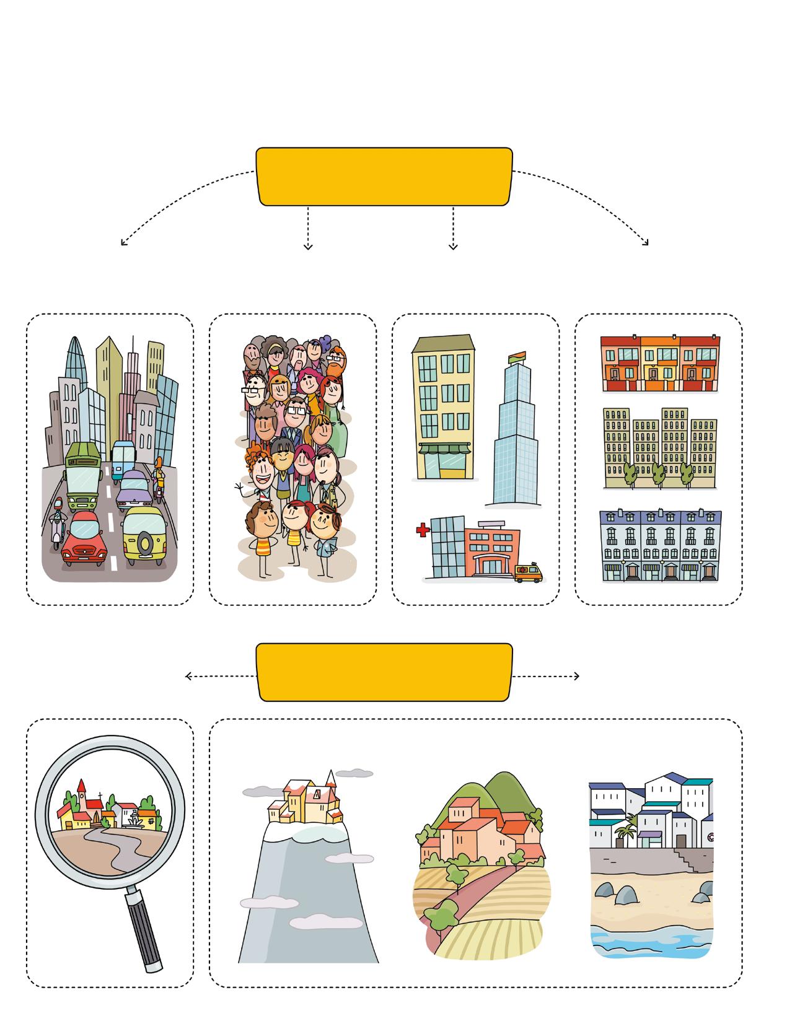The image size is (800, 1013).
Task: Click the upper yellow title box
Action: click(x=384, y=176)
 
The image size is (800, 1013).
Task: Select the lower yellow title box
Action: click(x=384, y=672)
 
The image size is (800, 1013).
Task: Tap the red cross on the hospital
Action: click(x=423, y=530)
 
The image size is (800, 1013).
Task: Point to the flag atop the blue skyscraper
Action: click(x=516, y=357)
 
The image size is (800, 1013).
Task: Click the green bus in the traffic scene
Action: click(x=83, y=474)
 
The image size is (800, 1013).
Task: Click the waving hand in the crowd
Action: click(x=240, y=488)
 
